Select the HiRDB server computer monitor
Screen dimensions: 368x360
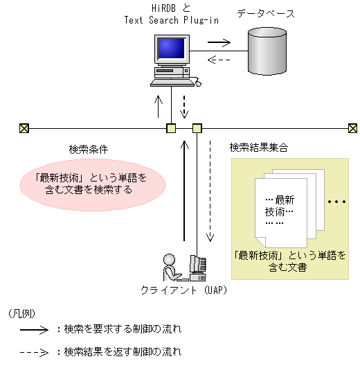click(x=171, y=51)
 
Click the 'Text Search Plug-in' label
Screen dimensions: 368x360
click(x=171, y=20)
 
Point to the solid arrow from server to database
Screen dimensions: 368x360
click(x=219, y=43)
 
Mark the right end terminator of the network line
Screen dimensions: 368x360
click(x=352, y=128)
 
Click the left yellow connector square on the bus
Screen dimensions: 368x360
click(x=171, y=128)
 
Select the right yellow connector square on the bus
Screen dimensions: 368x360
click(x=197, y=128)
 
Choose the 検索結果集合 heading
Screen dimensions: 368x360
click(x=258, y=148)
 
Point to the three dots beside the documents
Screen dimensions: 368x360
click(x=336, y=202)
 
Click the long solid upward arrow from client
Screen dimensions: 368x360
click(x=185, y=191)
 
